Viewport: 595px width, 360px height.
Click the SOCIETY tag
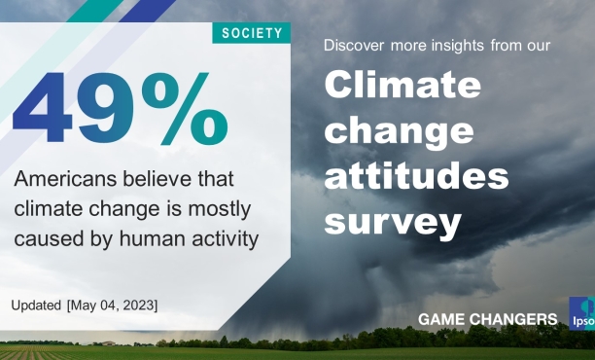[252, 33]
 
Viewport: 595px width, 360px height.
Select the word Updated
[36, 306]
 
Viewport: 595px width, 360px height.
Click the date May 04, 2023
[112, 306]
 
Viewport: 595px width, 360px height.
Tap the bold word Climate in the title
[402, 87]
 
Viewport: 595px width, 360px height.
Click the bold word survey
[392, 224]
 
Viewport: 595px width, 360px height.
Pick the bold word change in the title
[399, 131]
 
